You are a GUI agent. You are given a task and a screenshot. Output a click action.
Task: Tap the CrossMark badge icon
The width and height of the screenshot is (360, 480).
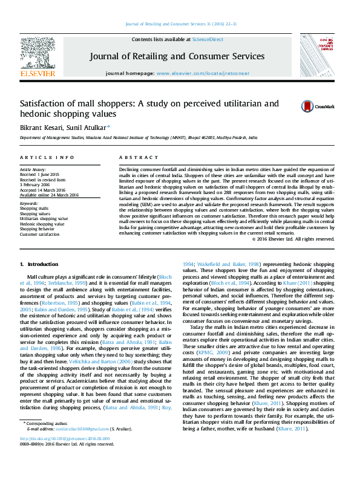tap(292, 106)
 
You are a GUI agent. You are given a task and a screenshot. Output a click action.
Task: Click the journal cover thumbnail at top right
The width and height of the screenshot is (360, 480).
tap(321, 56)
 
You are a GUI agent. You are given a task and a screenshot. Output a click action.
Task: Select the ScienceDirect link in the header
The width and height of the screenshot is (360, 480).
tap(206, 39)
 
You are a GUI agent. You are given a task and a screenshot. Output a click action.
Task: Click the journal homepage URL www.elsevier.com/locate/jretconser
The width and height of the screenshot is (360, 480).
tap(203, 73)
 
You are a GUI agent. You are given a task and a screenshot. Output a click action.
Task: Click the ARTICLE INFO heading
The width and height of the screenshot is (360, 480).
tap(39, 157)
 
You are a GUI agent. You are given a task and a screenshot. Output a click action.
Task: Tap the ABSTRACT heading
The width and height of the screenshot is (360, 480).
tap(131, 157)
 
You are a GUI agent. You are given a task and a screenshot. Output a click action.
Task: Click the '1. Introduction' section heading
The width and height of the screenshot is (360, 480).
tap(39, 264)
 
